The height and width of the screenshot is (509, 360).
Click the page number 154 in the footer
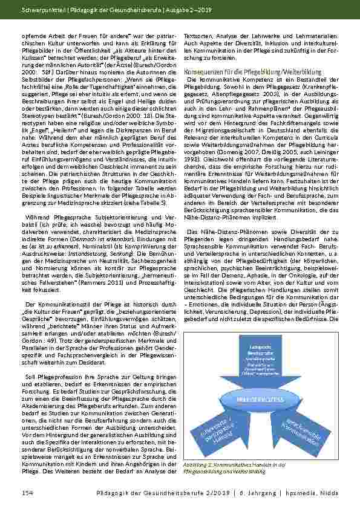click(27, 493)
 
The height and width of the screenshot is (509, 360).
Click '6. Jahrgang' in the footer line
click(269, 493)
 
